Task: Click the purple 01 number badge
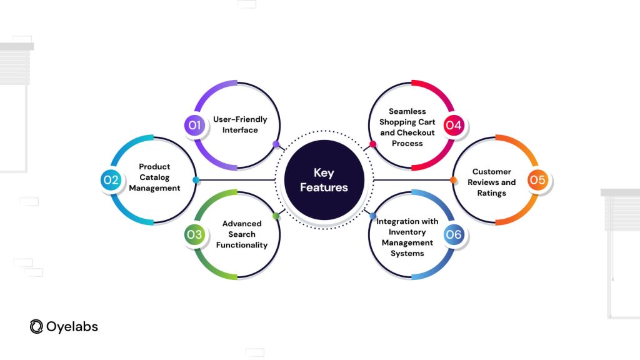[195, 125]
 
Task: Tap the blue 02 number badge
[111, 179]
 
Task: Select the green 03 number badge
[195, 234]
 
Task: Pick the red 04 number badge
[454, 125]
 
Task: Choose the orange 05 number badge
[537, 179]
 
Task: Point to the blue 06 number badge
[454, 234]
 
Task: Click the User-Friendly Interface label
[240, 124]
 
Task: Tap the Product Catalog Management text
[154, 177]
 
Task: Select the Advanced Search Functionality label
[242, 234]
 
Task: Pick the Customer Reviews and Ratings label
[491, 182]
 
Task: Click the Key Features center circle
[324, 180]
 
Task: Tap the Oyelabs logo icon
[36, 326]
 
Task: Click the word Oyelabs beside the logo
[72, 326]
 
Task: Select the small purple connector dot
[276, 144]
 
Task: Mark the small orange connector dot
[453, 180]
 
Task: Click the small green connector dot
[276, 216]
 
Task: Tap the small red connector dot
[372, 144]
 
